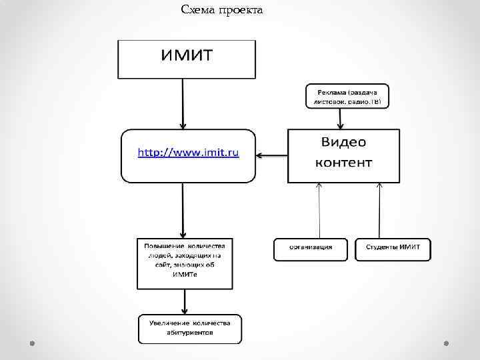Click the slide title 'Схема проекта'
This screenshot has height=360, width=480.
pos(222,10)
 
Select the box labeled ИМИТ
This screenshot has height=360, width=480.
pos(187,59)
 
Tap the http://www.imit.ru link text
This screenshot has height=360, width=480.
pos(188,153)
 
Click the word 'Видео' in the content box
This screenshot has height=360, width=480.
pos(343,142)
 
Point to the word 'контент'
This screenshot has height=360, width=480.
pos(343,163)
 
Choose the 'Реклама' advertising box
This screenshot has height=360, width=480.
pos(347,96)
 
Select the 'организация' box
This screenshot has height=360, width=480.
pos(311,248)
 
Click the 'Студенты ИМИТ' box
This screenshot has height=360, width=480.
pos(393,248)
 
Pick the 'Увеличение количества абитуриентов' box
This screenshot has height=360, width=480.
pos(190,328)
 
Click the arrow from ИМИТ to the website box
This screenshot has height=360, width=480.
pos(183,103)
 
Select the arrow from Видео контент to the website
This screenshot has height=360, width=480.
pos(272,157)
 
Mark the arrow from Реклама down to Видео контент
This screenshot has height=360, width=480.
pos(340,119)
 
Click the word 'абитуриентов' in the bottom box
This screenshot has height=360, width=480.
pos(190,333)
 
